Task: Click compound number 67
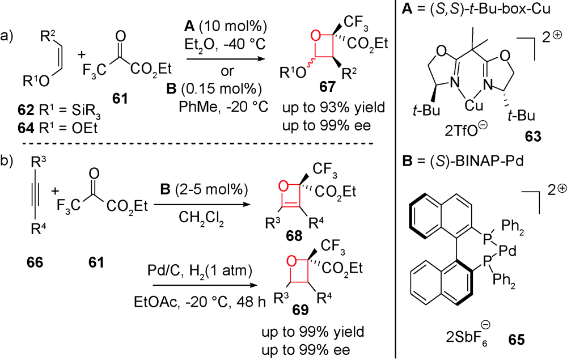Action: coord(327,87)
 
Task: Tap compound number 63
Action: coord(534,136)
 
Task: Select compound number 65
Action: coord(516,340)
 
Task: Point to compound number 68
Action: coord(294,236)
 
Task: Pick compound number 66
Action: coord(35,262)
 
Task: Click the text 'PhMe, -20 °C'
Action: coord(223,107)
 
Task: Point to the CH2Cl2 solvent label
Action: coord(201,218)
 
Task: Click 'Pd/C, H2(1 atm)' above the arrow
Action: coord(200,271)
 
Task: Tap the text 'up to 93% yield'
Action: coord(334,108)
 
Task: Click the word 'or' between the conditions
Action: coord(227,71)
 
